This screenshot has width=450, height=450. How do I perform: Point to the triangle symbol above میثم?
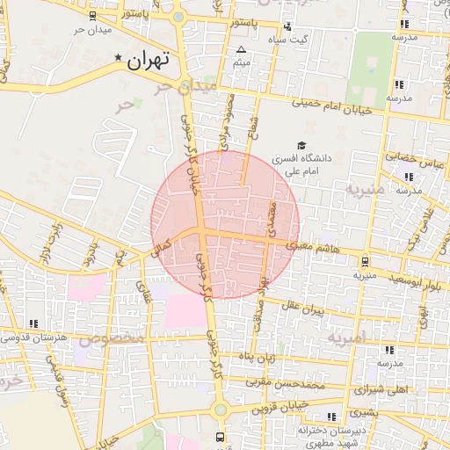pyautogui.click(x=242, y=49)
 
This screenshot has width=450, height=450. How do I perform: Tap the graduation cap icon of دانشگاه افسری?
pyautogui.click(x=302, y=145)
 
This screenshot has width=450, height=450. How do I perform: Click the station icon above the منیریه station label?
pyautogui.click(x=365, y=260)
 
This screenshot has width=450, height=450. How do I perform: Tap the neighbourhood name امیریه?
pyautogui.click(x=345, y=337)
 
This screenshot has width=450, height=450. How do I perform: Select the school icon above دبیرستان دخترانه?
pyautogui.click(x=331, y=417)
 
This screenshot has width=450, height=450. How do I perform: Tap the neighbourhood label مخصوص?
pyautogui.click(x=112, y=337)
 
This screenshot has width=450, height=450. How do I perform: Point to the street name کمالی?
pyautogui.click(x=163, y=249)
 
